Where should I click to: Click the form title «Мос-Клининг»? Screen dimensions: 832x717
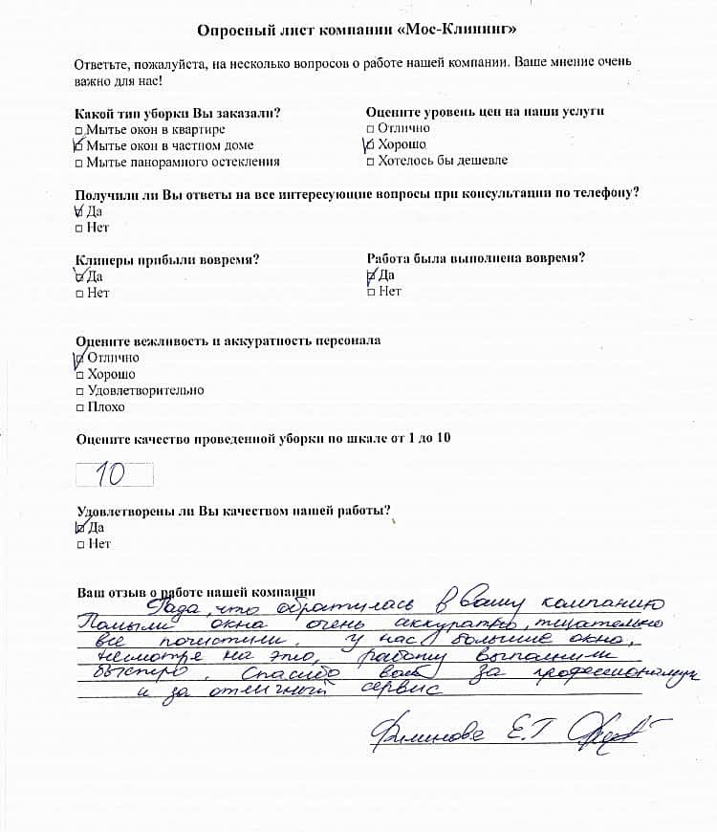click(358, 31)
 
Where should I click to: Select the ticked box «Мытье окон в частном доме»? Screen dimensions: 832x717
click(79, 146)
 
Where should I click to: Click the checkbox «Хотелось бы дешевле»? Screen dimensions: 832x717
click(371, 161)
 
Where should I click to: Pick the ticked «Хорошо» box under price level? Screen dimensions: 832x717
click(371, 145)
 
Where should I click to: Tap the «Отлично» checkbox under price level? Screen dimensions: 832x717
click(371, 128)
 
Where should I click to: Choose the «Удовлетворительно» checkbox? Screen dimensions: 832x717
click(79, 391)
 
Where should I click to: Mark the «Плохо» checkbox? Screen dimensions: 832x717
click(79, 407)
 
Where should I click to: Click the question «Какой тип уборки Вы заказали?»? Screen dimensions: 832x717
click(177, 113)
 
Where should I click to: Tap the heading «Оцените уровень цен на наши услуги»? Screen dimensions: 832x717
click(485, 112)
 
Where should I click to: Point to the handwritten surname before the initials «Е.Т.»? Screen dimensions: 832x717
click(426, 734)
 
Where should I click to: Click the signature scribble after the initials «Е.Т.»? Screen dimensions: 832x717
click(621, 734)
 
